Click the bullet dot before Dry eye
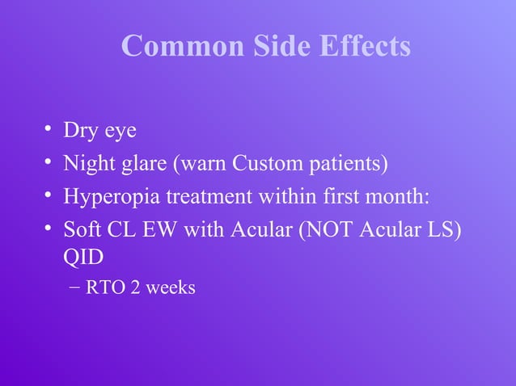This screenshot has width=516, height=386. [49, 130]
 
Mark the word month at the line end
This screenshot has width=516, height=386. [406, 197]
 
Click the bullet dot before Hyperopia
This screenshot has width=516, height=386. [49, 196]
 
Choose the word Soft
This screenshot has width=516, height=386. [83, 230]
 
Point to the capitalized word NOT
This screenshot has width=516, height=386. [331, 230]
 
